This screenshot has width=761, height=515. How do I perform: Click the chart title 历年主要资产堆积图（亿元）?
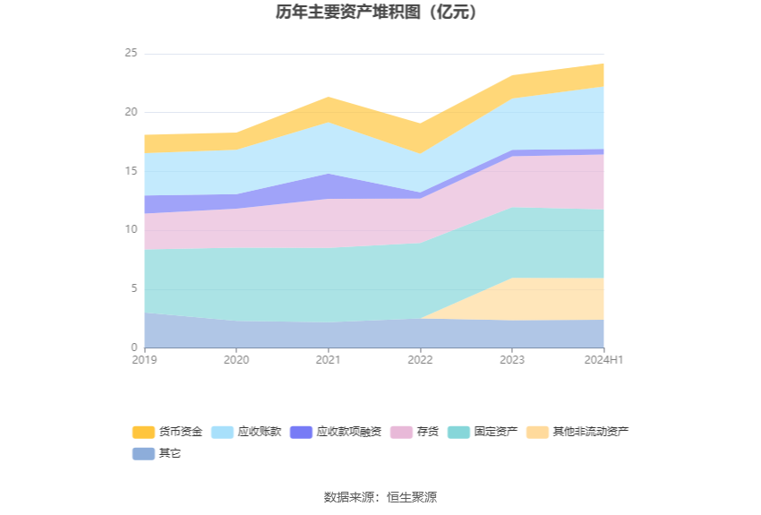[380, 13]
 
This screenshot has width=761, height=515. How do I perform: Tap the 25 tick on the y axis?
[131, 53]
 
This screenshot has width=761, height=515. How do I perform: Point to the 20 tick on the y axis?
[131, 112]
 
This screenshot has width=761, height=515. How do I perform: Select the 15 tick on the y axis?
[131, 171]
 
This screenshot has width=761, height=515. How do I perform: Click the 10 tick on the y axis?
[131, 230]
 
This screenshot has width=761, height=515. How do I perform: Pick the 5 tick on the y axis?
[133, 288]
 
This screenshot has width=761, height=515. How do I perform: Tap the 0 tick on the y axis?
[133, 348]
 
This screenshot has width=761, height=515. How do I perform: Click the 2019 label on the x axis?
[144, 360]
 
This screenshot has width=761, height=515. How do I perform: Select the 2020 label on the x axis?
[236, 360]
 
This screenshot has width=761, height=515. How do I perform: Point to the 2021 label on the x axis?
[329, 360]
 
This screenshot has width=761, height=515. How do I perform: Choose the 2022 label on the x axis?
[420, 360]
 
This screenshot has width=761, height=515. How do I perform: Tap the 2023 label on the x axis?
[512, 360]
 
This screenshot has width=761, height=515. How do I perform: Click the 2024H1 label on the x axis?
[604, 360]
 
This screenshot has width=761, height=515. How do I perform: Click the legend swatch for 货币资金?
[143, 432]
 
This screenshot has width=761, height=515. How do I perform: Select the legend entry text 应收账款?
[260, 432]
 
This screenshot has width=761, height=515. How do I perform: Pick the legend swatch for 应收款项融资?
[301, 432]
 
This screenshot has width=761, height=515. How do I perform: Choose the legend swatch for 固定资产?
[458, 432]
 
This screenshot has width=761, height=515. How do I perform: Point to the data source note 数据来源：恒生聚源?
[380, 497]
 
